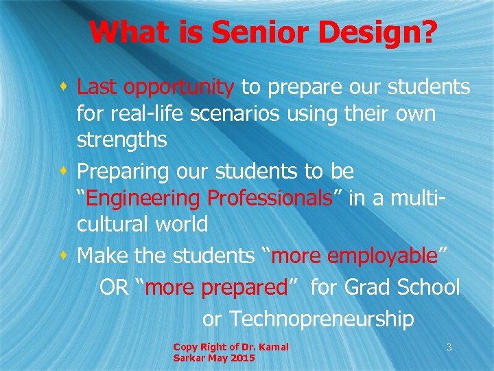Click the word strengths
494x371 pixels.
[121, 139]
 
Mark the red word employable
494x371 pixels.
[383, 256]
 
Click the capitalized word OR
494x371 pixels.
[114, 287]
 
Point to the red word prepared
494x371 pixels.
[247, 287]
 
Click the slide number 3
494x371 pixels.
[449, 348]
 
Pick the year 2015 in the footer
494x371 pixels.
[243, 359]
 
